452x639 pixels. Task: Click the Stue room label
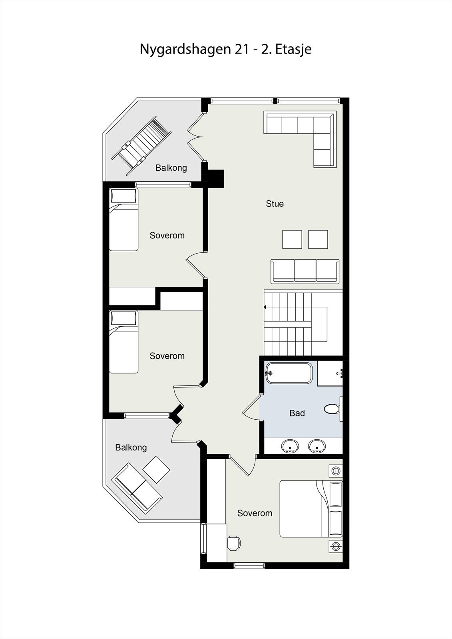click(275, 204)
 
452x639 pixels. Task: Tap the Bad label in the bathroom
click(297, 413)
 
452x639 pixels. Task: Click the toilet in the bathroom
click(331, 409)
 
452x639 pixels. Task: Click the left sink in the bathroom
click(290, 446)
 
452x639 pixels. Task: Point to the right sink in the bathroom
click(317, 446)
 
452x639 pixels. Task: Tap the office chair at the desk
click(234, 543)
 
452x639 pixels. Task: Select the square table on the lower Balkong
click(156, 469)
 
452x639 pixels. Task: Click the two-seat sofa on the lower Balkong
click(134, 488)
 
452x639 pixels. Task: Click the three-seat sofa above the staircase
click(305, 271)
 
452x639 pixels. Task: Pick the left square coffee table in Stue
click(292, 239)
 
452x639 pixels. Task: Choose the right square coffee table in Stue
click(318, 239)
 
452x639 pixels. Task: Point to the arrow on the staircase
click(265, 307)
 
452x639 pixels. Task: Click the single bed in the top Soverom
click(123, 220)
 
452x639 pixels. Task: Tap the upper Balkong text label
click(171, 168)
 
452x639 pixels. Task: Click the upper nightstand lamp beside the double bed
click(336, 471)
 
